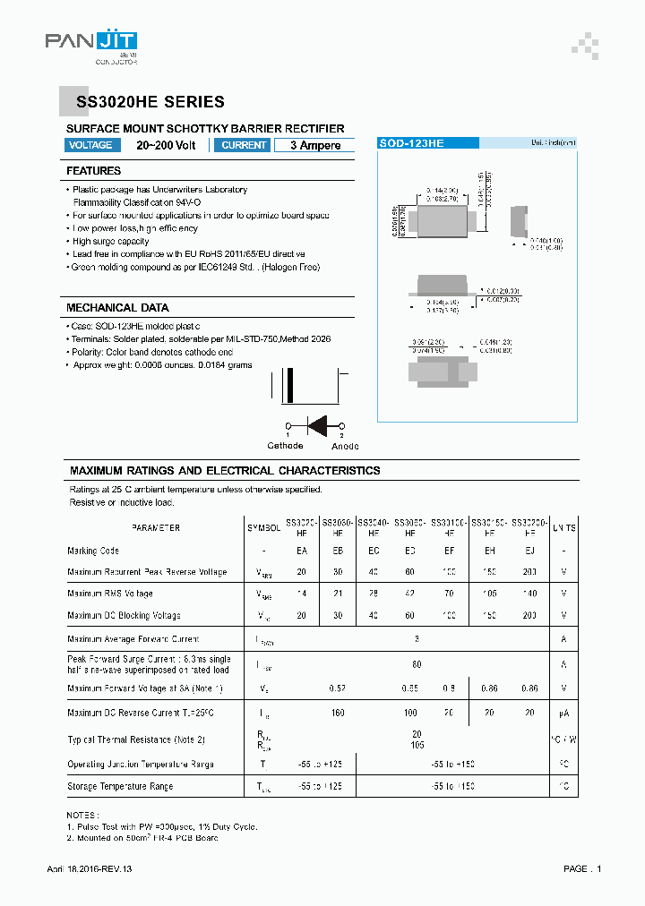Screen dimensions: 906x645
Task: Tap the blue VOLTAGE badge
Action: [90, 145]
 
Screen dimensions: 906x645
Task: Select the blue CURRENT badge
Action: [243, 145]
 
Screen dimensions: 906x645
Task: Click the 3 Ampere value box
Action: [314, 145]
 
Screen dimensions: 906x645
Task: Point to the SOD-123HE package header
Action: [412, 143]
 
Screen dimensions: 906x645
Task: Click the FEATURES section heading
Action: [93, 170]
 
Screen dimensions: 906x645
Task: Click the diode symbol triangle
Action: [316, 425]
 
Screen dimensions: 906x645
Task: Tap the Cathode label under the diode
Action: [285, 446]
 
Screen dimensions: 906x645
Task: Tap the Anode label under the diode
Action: [345, 446]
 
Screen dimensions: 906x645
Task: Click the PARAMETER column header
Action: [155, 528]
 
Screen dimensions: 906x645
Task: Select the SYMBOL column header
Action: [263, 528]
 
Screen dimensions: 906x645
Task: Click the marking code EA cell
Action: [301, 551]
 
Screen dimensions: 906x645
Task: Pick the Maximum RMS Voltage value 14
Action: [301, 594]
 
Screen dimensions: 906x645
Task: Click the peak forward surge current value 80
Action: [417, 664]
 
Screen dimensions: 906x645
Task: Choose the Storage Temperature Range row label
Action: [120, 786]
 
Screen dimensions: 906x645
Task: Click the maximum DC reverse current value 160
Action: [338, 714]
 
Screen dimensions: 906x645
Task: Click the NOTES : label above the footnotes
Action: [83, 816]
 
